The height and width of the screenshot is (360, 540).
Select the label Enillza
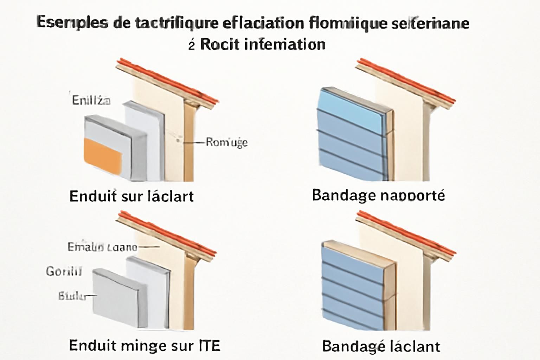[x=91, y=101]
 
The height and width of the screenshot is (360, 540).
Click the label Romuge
[x=226, y=142]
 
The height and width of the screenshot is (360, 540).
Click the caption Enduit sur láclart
[x=131, y=196]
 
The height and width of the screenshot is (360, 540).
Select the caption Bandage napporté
[x=378, y=195]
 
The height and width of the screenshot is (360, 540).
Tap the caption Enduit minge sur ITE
[x=144, y=346]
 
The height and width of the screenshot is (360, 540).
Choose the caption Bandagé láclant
[x=381, y=346]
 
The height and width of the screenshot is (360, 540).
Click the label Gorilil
[x=64, y=271]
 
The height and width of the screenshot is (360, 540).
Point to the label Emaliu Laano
[x=102, y=247]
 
